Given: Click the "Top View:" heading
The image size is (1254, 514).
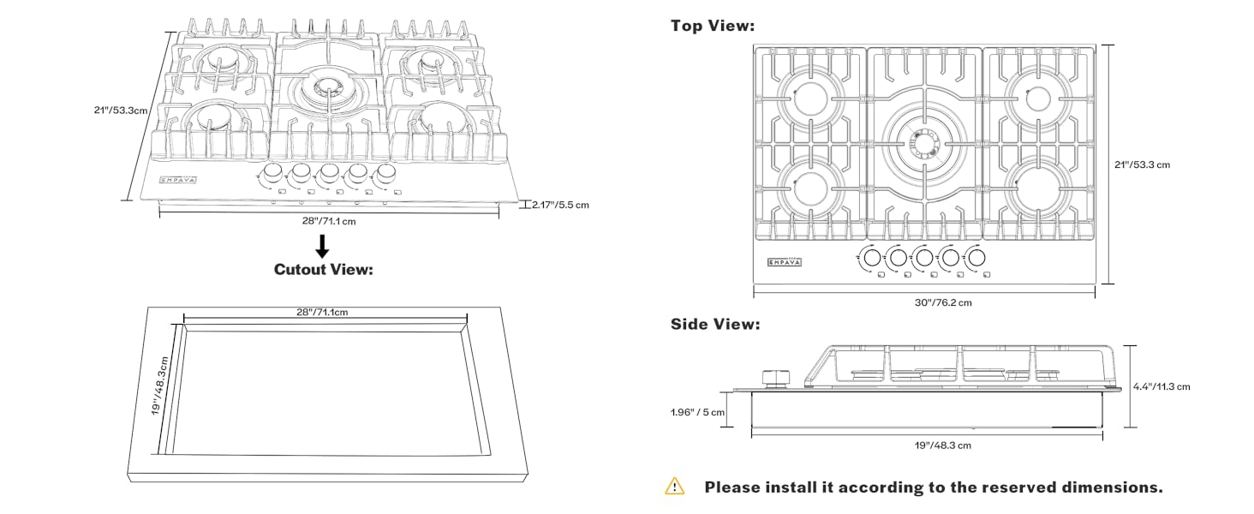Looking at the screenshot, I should pos(713,27).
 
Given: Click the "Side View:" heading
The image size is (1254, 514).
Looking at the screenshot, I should pos(714,325).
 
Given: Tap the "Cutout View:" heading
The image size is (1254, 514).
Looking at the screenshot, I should pos(324,270).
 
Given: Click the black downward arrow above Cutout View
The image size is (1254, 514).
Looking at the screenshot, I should pos(322,245).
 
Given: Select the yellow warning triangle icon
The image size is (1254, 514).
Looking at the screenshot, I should pos(675,487).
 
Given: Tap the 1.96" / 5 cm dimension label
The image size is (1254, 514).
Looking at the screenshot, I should pos(697,412).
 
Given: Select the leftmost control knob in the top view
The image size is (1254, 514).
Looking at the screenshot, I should pos(871,256).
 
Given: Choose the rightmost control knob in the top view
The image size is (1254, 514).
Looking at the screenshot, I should pos(976,256).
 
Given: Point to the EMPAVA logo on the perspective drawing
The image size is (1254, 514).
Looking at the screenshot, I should pos(178,180).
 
